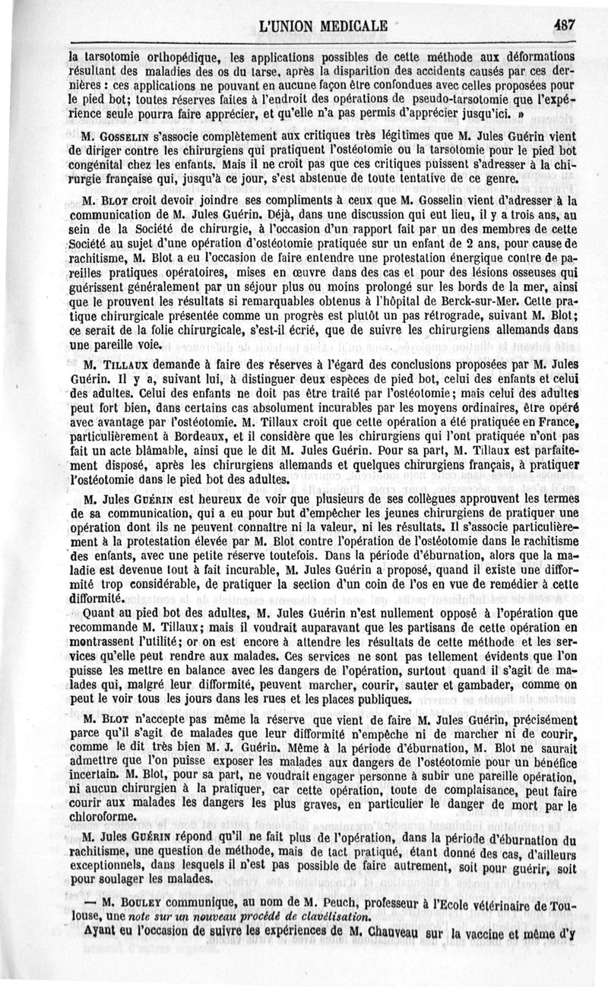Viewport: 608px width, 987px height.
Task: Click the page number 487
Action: (x=564, y=24)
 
